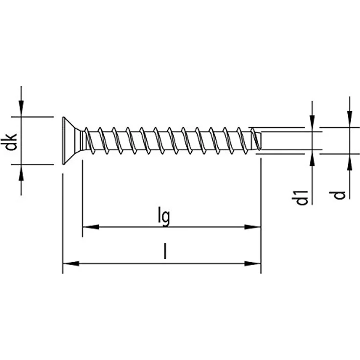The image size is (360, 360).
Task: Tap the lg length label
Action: [x=165, y=217]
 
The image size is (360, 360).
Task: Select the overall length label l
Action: [x=165, y=252]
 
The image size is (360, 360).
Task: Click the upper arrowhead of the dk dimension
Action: [x=22, y=111]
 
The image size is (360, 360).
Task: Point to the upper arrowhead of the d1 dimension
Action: [x=312, y=124]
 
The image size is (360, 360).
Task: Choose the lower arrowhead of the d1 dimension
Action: [x=312, y=157]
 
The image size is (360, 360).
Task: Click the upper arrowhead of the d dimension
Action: [x=349, y=120]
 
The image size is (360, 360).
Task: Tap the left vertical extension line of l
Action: [x=63, y=220]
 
